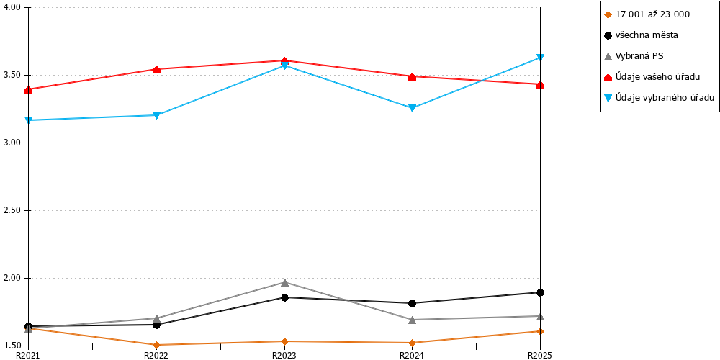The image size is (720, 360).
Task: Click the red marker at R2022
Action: (156, 69)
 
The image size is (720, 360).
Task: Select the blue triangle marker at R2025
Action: (541, 58)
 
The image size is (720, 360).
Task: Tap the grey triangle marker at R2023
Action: (284, 282)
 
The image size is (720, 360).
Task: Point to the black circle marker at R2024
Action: (413, 303)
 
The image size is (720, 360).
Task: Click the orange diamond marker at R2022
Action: (156, 345)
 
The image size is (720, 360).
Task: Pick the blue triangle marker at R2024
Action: (413, 109)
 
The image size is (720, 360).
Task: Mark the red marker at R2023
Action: (284, 60)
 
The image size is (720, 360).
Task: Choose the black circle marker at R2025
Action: (541, 292)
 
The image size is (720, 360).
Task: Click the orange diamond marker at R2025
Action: (541, 331)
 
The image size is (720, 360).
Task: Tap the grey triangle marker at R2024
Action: (413, 320)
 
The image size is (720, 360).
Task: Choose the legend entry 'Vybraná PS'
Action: (634, 56)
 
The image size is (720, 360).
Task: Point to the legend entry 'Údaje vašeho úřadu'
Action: (652, 77)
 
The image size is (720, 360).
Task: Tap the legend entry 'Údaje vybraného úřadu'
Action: (660, 97)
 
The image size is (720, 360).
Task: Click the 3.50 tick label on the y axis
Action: (13, 76)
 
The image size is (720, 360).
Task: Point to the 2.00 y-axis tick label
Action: (13, 278)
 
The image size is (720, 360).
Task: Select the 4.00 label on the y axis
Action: (13, 8)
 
